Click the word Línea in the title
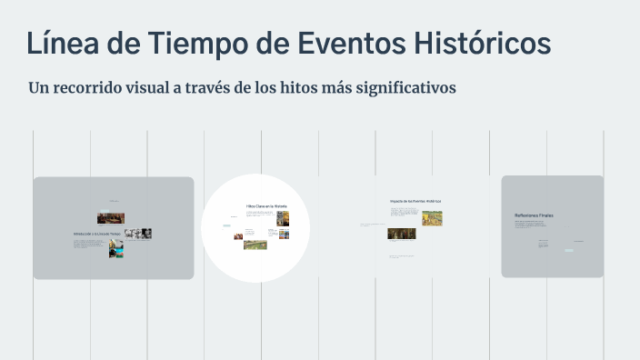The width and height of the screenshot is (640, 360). (x=63, y=43)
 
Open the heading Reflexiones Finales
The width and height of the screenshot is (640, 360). (x=534, y=215)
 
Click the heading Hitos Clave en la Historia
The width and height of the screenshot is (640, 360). (x=265, y=206)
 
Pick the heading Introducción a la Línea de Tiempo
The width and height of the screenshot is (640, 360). (x=97, y=235)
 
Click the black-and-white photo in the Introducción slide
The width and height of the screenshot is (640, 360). (x=138, y=234)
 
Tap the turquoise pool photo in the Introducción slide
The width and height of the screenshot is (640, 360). (x=116, y=248)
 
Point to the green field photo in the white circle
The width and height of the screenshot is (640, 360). (x=255, y=244)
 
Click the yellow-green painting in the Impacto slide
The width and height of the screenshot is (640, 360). (x=431, y=218)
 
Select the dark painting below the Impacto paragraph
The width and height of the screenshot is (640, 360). (x=401, y=234)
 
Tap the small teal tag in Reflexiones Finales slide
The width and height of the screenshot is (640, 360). (x=568, y=249)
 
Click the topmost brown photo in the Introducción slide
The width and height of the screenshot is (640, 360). (x=110, y=218)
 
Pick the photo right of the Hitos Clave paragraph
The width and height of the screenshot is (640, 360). (x=283, y=218)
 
